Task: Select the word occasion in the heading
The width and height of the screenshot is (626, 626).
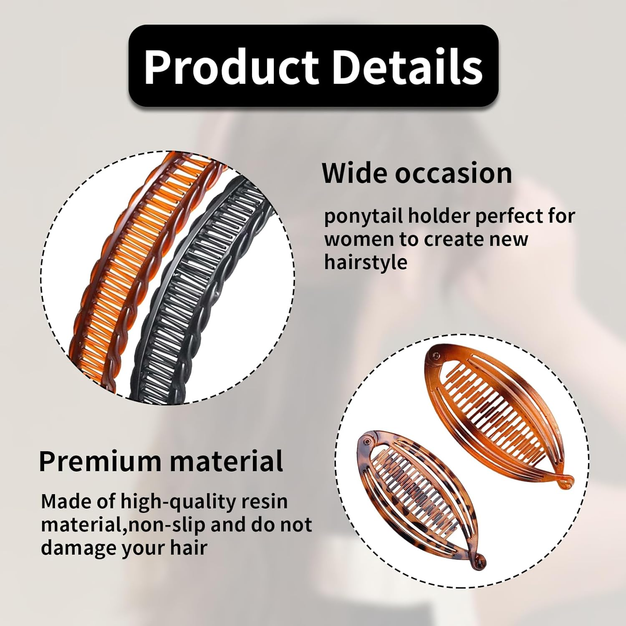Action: (x=454, y=173)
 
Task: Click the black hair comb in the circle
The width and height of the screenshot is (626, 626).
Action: (x=196, y=288)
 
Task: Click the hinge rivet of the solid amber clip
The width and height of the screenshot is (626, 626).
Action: (x=437, y=356)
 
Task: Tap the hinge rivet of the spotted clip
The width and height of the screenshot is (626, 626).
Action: (x=367, y=441)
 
